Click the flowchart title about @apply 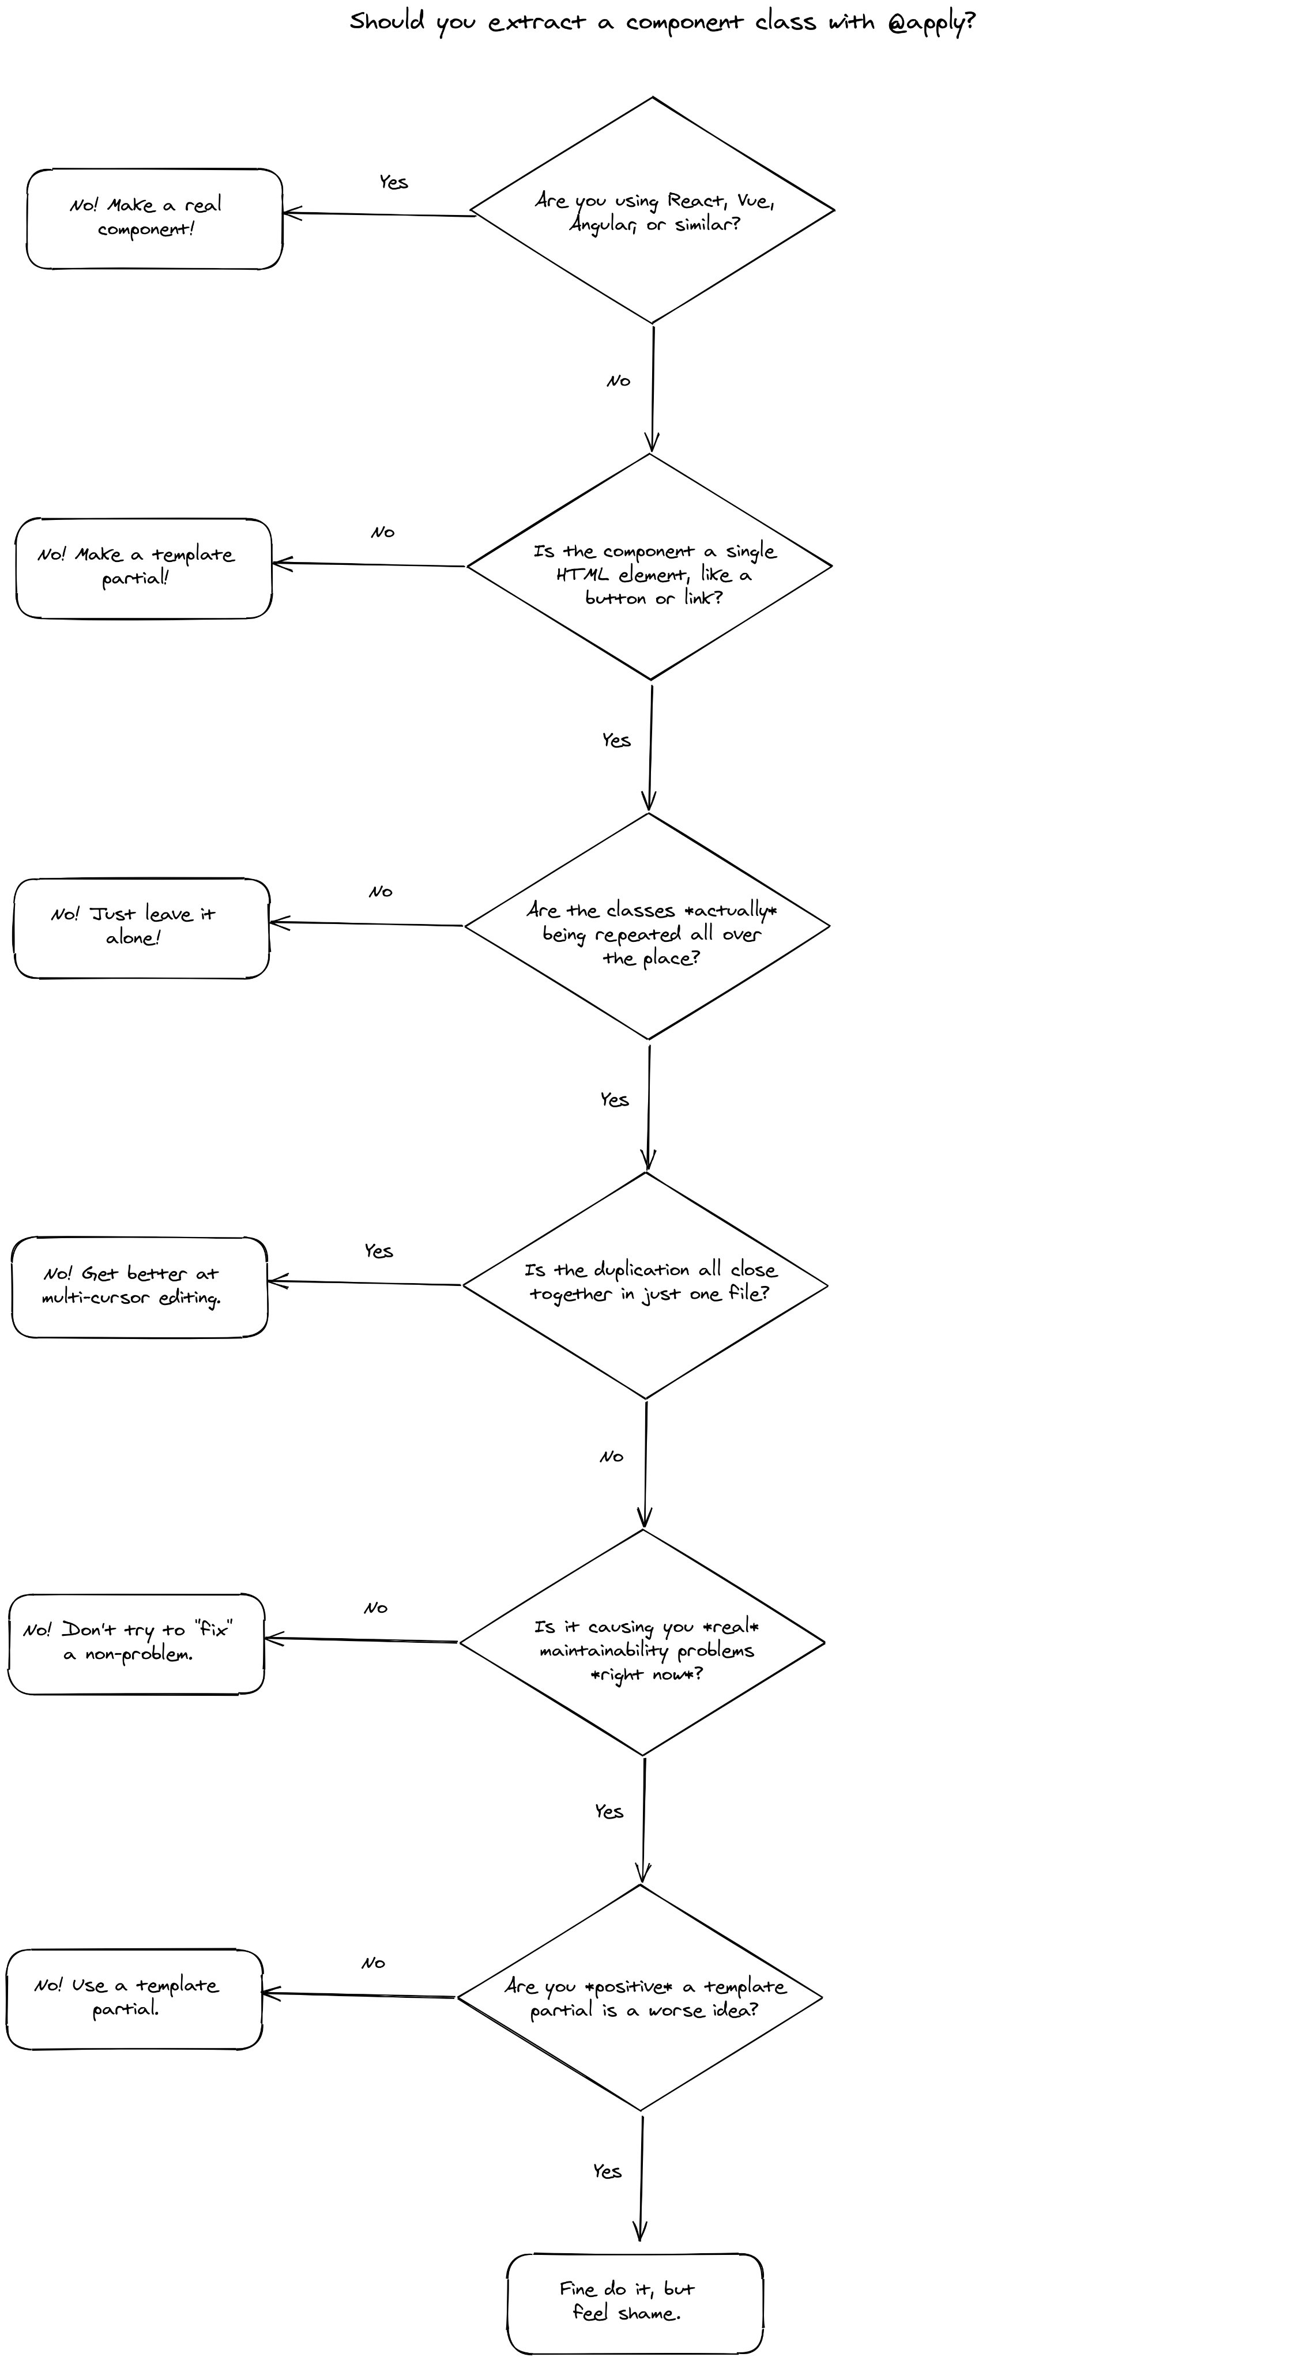point(662,22)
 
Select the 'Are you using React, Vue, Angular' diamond point(652,210)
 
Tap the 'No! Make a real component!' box point(154,218)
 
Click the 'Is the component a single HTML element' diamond point(649,567)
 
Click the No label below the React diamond point(619,380)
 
